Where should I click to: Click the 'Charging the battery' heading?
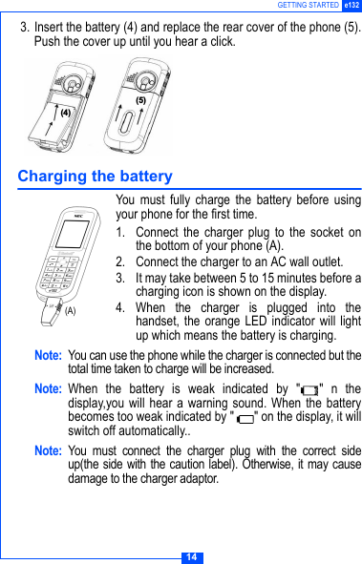(95, 177)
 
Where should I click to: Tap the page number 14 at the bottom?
(191, 556)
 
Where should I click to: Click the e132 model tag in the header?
(351, 6)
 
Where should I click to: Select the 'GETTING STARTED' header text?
(308, 6)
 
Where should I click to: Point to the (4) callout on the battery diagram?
(66, 112)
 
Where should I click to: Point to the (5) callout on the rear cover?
(140, 100)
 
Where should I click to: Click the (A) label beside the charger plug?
(70, 310)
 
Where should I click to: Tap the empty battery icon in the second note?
(246, 418)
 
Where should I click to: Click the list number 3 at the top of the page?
(25, 27)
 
